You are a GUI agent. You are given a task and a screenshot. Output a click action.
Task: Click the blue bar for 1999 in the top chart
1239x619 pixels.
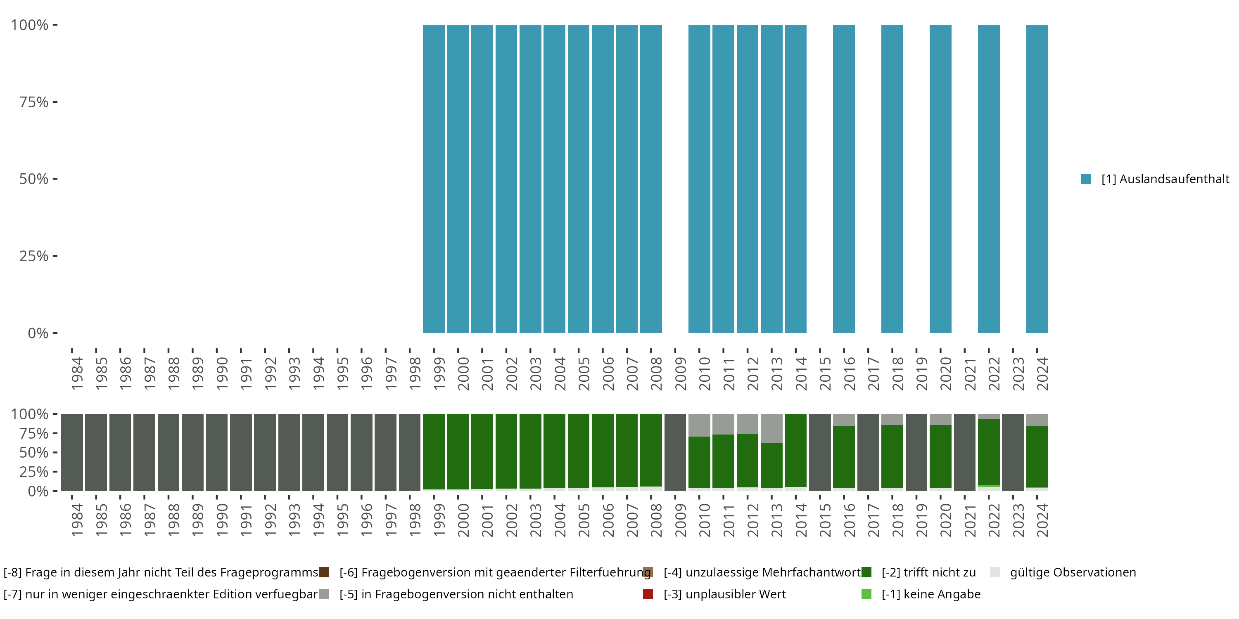[x=433, y=179]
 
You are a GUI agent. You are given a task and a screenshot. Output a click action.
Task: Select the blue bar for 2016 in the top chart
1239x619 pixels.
[x=844, y=179]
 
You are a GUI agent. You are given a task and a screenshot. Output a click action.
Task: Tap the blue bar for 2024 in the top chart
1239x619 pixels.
[x=1037, y=179]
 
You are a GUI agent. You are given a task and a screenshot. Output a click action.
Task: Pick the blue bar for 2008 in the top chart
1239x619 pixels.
[x=651, y=179]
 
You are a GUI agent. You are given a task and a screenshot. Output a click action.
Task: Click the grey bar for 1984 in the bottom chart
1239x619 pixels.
[x=72, y=452]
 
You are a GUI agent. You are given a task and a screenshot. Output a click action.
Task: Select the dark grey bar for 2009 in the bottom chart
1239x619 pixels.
[x=675, y=452]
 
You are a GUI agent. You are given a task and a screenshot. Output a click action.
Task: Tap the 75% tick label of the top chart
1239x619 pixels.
[x=34, y=102]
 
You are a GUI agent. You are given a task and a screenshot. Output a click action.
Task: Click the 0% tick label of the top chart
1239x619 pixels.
[x=38, y=333]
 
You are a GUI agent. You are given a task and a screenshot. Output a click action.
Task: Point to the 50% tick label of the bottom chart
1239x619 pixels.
[x=34, y=453]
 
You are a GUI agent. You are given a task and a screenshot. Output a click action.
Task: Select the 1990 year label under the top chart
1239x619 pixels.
[x=222, y=373]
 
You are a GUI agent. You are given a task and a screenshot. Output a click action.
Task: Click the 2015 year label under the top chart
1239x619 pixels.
[x=825, y=373]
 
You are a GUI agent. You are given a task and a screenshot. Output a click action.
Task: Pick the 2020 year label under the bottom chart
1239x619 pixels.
[x=946, y=520]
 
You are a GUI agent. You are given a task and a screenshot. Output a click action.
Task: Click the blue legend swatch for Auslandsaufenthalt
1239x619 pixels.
[x=1086, y=179]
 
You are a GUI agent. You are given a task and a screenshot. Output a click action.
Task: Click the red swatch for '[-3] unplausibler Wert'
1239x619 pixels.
[x=648, y=594]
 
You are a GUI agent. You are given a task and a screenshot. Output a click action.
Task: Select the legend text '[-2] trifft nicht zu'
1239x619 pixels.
[x=928, y=572]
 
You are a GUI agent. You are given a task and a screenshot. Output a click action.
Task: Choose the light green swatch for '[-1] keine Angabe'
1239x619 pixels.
[x=866, y=594]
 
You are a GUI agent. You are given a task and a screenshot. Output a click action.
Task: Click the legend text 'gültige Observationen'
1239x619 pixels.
[x=1073, y=572]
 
